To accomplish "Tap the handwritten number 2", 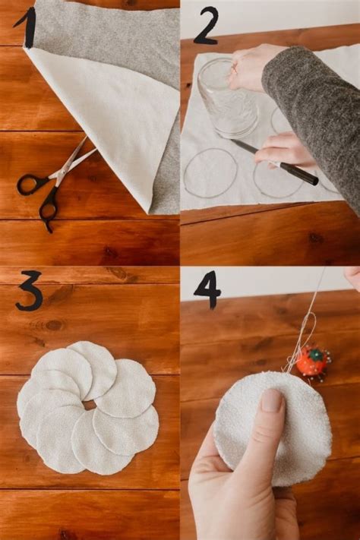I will click(x=206, y=26).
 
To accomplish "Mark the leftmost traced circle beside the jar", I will click(x=210, y=172).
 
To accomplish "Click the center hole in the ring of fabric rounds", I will click(x=90, y=405).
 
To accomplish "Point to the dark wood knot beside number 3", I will click(x=53, y=325).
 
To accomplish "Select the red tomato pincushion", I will click(x=311, y=361).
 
